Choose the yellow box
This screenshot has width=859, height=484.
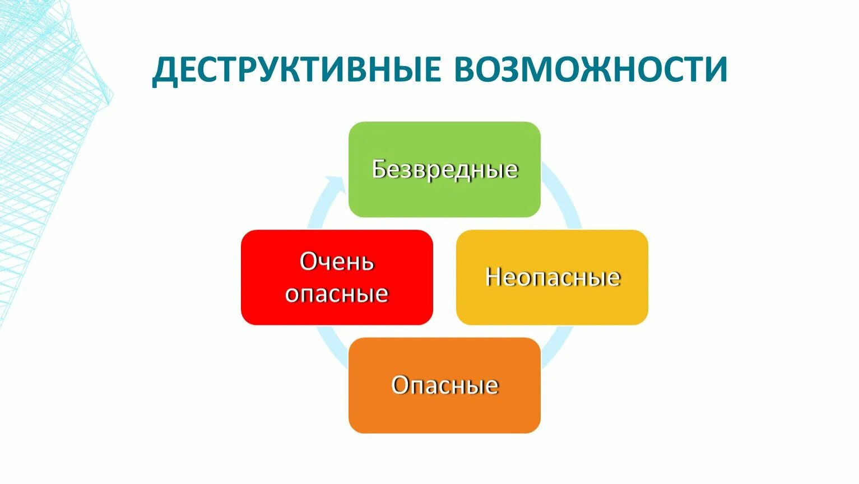tap(552, 302)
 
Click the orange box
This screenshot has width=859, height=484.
tap(444, 412)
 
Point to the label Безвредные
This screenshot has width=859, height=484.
tap(444, 169)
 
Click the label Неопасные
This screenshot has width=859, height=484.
tap(552, 277)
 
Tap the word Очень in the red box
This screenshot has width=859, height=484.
tap(337, 261)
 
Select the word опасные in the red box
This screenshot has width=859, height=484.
tap(337, 293)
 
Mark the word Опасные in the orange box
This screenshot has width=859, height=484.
tap(444, 385)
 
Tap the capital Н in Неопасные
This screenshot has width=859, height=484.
tap(493, 277)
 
